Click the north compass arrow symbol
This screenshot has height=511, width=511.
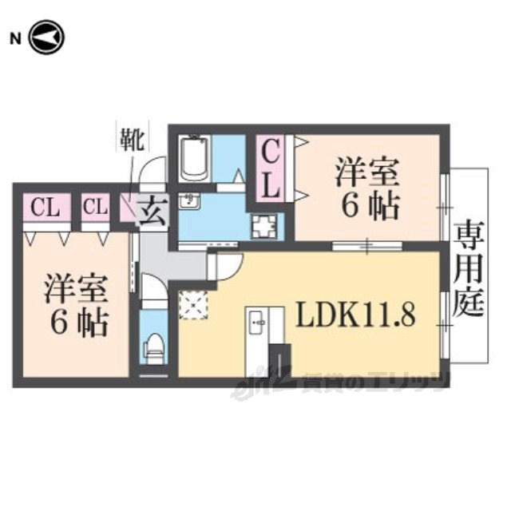[x=46, y=38]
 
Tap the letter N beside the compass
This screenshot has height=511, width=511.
[x=15, y=39]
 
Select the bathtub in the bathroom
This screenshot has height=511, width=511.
[x=195, y=159]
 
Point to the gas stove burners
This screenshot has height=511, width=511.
[x=264, y=226]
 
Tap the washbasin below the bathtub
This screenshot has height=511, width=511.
[x=189, y=202]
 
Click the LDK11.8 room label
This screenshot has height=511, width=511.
[x=355, y=315]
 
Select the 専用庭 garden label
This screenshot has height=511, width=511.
[x=469, y=268]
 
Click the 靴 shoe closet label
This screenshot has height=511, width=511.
[x=133, y=140]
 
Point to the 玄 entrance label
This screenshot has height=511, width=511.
[x=153, y=211]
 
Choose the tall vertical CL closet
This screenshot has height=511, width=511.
[x=271, y=168]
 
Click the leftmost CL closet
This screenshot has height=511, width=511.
[x=46, y=208]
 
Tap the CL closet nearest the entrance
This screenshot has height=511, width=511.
[x=95, y=208]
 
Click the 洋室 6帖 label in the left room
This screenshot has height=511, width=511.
[x=77, y=305]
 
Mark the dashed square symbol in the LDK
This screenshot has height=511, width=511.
[x=193, y=305]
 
